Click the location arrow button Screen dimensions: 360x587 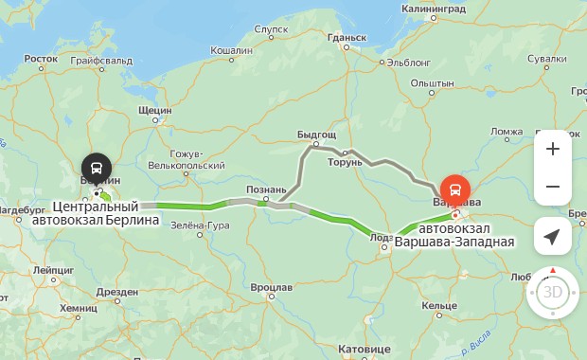click(x=553, y=236)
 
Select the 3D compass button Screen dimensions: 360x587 click(x=553, y=292)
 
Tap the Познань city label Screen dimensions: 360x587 click(x=265, y=189)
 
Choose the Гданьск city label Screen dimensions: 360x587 click(x=346, y=38)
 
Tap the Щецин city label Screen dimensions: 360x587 click(x=154, y=110)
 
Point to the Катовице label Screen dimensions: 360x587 click(x=364, y=349)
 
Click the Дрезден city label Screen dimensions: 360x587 click(x=117, y=292)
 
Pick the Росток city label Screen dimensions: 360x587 click(x=41, y=59)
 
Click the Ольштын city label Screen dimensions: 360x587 click(x=435, y=84)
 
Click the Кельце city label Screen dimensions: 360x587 click(x=440, y=305)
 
